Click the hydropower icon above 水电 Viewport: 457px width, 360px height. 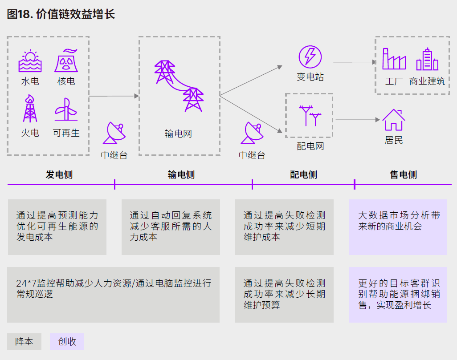tap(30, 62)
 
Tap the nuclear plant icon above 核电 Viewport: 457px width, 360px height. tap(66, 61)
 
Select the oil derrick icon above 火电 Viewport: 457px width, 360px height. tap(30, 108)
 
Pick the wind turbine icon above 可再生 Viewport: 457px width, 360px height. tap(66, 109)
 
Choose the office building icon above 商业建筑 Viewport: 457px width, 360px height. tap(427, 59)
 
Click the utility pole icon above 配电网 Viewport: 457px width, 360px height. tap(310, 115)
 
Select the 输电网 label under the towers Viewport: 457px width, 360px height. tap(178, 133)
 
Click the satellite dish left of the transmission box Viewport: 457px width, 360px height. tap(114, 133)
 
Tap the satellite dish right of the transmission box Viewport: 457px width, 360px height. tap(252, 133)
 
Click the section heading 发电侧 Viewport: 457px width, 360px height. tap(59, 175)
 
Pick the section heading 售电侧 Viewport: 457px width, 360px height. tap(404, 175)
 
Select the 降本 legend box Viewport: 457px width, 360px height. tap(24, 341)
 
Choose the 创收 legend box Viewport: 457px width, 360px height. tap(67, 341)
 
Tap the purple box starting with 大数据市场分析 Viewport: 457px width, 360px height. tap(398, 227)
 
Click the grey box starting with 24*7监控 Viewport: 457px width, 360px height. tap(113, 295)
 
